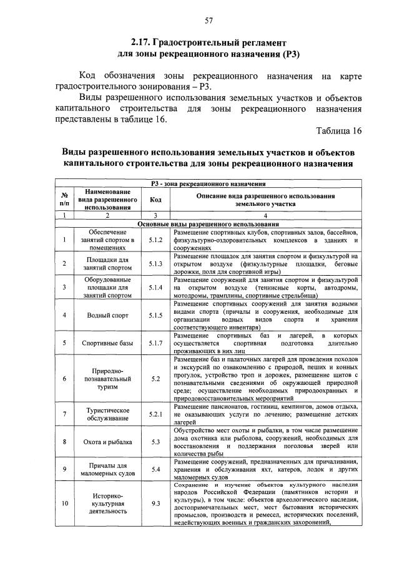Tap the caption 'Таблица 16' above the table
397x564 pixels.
tap(339, 130)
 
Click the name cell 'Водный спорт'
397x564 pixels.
tap(108, 316)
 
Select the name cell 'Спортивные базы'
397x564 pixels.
tap(108, 343)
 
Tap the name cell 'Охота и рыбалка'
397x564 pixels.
tap(108, 442)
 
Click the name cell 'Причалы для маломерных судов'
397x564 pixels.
tap(108, 470)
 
